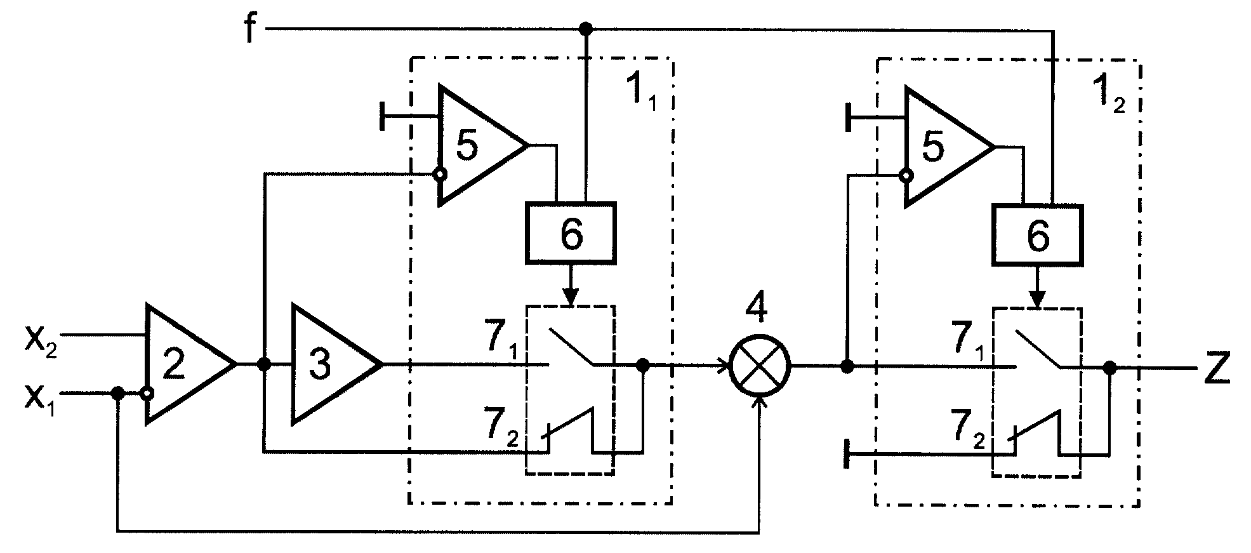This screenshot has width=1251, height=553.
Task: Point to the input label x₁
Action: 40,398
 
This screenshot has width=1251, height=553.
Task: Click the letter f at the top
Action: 251,28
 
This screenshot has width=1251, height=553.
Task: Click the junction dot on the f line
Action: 586,29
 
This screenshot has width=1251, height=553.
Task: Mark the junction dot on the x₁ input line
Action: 117,393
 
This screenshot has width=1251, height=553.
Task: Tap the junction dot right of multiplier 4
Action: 846,366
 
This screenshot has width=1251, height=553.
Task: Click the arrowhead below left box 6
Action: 571,296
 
